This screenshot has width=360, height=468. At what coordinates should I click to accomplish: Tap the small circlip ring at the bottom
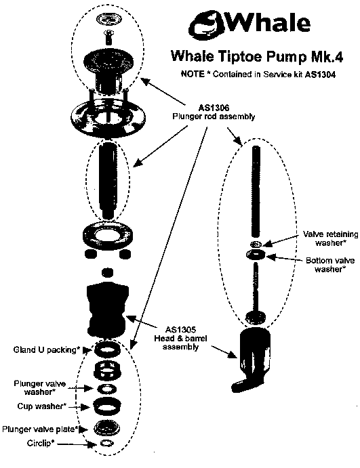click(x=106, y=443)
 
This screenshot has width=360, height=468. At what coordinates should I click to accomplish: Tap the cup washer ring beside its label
click(x=106, y=405)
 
